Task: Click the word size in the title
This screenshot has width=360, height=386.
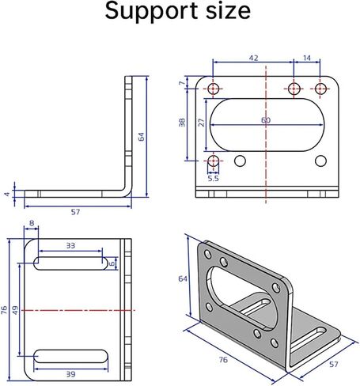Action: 228,11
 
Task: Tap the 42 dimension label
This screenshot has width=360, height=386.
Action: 253,58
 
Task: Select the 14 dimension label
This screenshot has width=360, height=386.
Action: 307,58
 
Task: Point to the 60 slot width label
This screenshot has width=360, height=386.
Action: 266,120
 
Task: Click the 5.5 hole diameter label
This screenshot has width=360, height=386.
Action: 213,179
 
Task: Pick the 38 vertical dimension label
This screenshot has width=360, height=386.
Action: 182,123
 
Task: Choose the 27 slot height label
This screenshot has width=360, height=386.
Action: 202,123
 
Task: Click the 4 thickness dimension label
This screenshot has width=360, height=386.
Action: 7,195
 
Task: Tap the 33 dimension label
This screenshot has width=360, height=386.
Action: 70,246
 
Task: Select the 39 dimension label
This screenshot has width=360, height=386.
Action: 70,374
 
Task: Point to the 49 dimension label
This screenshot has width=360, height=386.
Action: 15,310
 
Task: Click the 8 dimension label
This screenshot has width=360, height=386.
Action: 32,223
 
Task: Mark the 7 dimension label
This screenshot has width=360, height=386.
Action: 181,83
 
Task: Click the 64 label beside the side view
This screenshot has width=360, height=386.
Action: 142,137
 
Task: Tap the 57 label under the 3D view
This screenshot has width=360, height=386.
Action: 334,365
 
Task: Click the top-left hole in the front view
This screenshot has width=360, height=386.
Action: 213,89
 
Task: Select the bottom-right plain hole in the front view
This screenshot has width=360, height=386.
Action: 320,161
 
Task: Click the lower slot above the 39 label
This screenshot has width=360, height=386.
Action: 70,356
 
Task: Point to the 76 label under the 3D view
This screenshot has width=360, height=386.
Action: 223,360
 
